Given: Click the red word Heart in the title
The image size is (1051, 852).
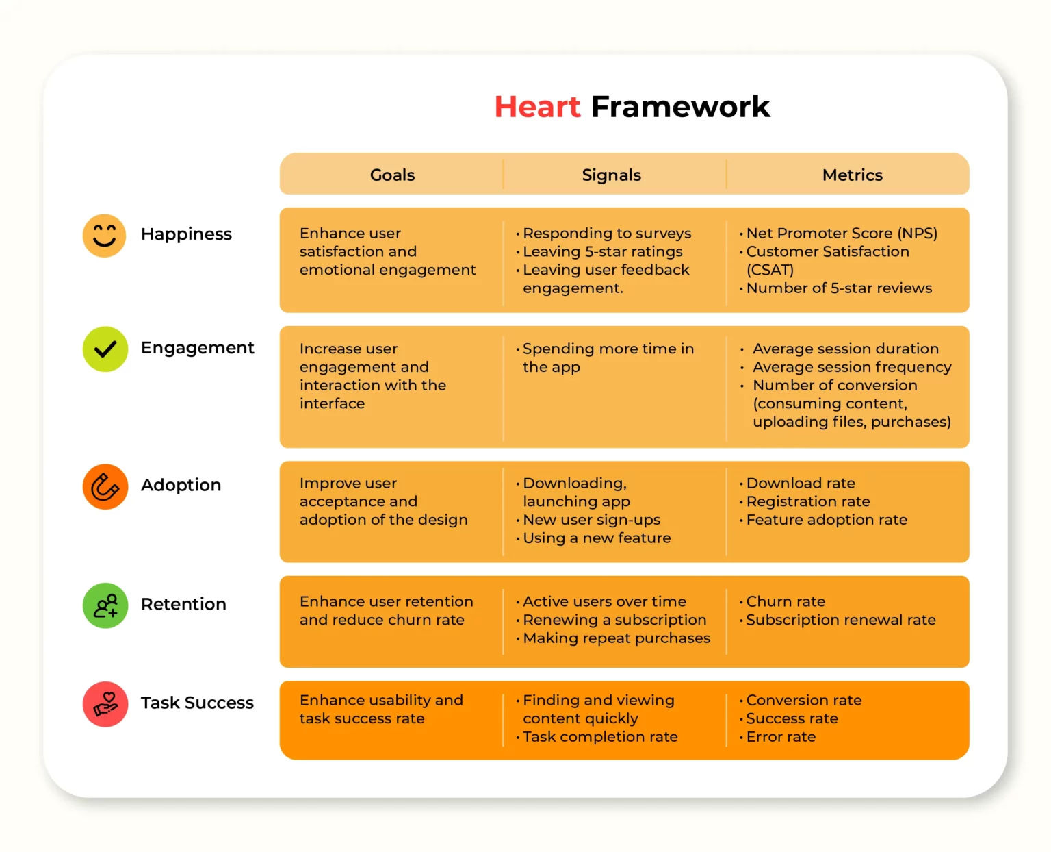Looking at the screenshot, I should [537, 107].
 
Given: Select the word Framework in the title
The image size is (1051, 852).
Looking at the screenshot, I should [680, 107].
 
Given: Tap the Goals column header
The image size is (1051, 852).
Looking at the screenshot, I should [392, 175].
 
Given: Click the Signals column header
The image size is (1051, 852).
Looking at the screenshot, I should [611, 175].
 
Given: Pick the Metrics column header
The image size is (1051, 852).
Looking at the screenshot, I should [852, 175].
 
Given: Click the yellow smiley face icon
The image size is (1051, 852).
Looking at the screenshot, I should [104, 236].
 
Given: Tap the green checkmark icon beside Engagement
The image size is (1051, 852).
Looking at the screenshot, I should [105, 349].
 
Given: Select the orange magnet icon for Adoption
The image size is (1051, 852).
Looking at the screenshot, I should [105, 487].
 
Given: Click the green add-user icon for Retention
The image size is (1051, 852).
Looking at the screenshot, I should [105, 605].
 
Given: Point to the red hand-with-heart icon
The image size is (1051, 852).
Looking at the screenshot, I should [105, 704].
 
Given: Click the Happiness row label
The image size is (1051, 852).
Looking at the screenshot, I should [186, 234].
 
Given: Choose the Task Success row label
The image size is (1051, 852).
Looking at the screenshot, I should [197, 703].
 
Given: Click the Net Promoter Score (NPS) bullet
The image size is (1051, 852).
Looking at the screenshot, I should [841, 234].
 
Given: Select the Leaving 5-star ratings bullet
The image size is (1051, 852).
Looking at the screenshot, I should [602, 252].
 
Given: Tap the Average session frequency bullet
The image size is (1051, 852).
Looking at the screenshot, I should [851, 367].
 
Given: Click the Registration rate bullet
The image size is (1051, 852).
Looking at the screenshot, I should [807, 501].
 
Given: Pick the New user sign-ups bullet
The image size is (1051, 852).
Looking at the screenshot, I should [591, 520].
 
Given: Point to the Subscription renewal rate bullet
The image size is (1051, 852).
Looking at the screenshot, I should [840, 620].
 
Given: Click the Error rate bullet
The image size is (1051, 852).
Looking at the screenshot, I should [780, 737].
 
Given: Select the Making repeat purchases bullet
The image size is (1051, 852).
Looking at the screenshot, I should [616, 638].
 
